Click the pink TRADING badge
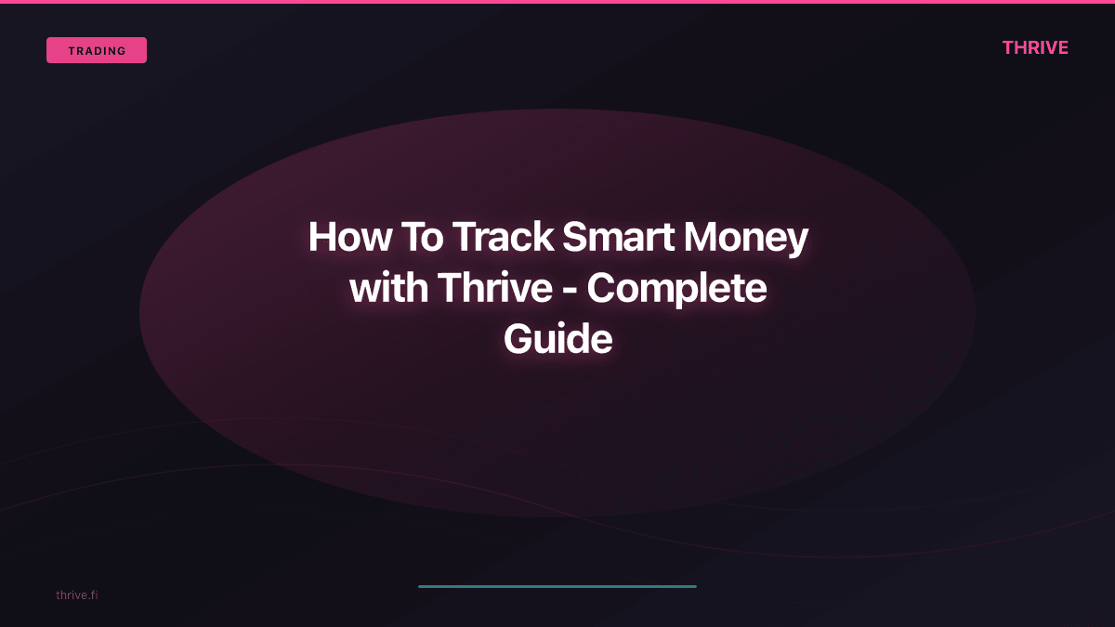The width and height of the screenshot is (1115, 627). coord(97,50)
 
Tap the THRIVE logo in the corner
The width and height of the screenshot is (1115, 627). coord(1035,48)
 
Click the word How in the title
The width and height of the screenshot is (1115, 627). coord(348,238)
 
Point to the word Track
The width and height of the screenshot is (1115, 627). coord(503,238)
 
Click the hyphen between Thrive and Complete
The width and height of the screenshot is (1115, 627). coord(570,292)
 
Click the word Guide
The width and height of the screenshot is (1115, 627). coord(557,340)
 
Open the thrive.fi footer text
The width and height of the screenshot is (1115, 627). coord(76,594)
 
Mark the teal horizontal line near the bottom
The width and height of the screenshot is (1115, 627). coord(557,586)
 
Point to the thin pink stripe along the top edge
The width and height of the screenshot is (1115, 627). coord(557,2)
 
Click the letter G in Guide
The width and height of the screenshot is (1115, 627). coord(518,340)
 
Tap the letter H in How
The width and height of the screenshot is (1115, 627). coord(321,238)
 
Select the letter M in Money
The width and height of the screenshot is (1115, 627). coord(703,238)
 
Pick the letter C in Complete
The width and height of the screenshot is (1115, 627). coord(603,289)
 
